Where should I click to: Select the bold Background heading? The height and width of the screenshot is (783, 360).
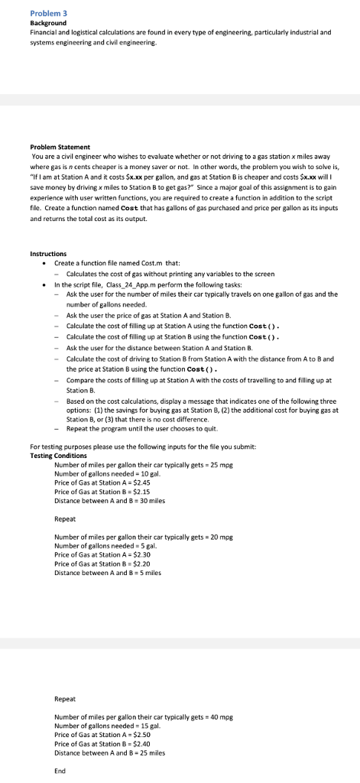(x=47, y=24)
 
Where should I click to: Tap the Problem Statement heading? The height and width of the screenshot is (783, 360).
(x=60, y=146)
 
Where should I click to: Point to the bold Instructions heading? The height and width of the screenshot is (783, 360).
(x=47, y=253)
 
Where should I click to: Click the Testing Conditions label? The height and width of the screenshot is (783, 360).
(x=58, y=455)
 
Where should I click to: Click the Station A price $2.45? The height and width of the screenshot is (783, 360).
(x=147, y=482)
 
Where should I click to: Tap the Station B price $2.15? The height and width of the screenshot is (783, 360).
(x=147, y=491)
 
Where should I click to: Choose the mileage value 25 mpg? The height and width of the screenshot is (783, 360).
(x=221, y=465)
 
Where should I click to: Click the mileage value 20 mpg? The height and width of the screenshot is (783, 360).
(x=221, y=538)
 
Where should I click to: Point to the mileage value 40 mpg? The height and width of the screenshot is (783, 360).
(x=221, y=716)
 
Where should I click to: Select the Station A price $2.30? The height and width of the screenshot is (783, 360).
(x=147, y=555)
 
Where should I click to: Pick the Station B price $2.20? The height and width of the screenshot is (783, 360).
(x=147, y=564)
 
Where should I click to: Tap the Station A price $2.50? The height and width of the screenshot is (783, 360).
(x=147, y=734)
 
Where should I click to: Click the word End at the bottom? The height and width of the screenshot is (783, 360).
(x=60, y=771)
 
